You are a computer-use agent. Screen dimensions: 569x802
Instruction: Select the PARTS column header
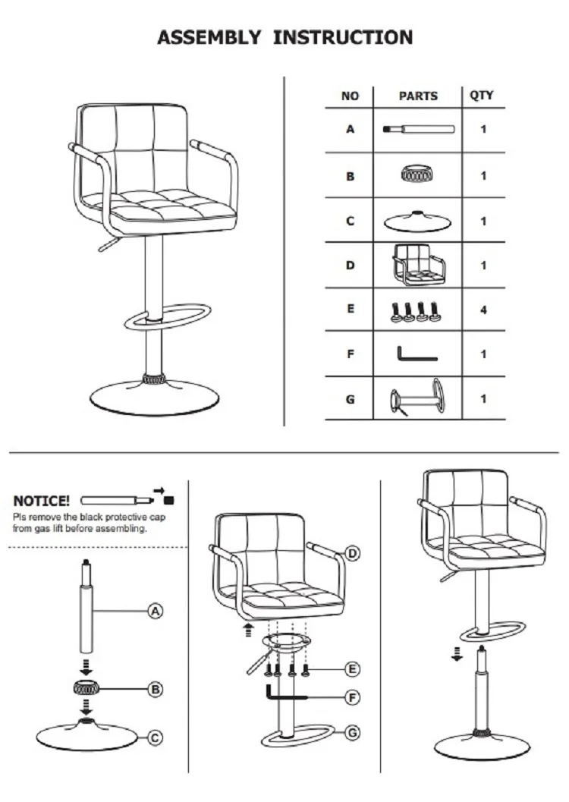(x=418, y=96)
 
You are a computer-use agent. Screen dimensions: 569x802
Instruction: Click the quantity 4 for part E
(x=483, y=310)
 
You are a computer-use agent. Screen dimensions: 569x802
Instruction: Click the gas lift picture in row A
(x=418, y=129)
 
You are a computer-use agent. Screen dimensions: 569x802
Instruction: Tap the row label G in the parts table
(x=350, y=398)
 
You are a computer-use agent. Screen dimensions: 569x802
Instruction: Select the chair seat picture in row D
(x=418, y=265)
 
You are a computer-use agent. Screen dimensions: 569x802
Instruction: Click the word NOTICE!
(x=42, y=501)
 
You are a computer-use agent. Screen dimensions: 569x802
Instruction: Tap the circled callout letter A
(x=156, y=610)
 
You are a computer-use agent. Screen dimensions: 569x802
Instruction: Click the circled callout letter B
(x=156, y=690)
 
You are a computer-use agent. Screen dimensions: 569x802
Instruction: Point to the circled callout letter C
(x=156, y=737)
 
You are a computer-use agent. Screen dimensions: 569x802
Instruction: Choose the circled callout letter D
(x=352, y=553)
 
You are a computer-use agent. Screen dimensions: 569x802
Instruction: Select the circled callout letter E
(x=352, y=668)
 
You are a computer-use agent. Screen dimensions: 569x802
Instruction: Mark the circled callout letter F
(x=352, y=697)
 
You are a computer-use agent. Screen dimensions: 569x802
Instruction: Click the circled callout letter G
(x=352, y=732)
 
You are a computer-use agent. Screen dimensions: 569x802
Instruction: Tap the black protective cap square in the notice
(x=168, y=500)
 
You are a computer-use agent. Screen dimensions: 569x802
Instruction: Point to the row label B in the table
(x=350, y=176)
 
